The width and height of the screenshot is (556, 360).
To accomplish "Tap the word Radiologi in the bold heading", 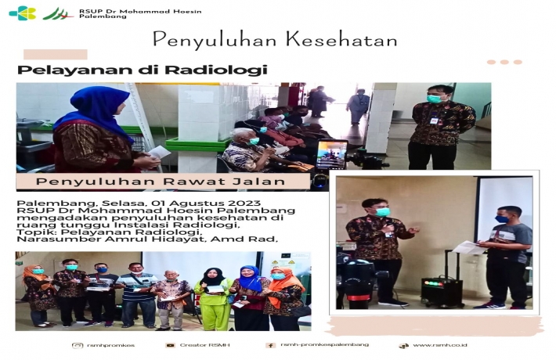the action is click(x=216, y=70).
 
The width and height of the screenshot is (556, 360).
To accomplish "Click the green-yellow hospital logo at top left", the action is click(x=23, y=13).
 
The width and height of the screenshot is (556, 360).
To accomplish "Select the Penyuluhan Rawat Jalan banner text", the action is click(x=161, y=182).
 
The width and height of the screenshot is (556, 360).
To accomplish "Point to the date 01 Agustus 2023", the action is click(x=206, y=203).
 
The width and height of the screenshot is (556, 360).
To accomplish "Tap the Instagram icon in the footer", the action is click(x=78, y=345).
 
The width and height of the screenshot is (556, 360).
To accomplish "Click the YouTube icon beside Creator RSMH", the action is click(x=170, y=345).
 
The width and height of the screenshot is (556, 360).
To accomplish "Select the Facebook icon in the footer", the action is click(x=270, y=345).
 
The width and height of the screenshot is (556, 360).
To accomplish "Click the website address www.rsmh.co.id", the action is click(x=439, y=345).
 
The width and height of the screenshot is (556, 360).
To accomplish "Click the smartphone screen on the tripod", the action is click(x=331, y=154).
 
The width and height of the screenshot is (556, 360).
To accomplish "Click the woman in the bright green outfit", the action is click(x=213, y=299).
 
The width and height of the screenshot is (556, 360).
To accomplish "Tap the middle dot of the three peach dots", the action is click(x=504, y=62).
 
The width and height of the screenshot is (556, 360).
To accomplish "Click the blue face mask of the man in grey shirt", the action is click(x=501, y=219).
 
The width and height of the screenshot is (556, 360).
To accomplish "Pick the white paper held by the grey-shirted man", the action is click(x=469, y=247).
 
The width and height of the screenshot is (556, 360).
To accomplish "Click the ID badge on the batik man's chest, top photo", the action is click(x=434, y=121).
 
